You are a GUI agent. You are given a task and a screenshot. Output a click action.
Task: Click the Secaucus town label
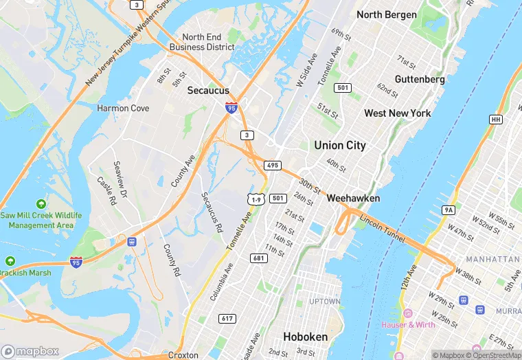(207, 90)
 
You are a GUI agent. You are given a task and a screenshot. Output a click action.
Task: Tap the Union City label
(339, 145)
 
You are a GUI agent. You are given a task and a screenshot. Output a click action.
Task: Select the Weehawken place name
(353, 198)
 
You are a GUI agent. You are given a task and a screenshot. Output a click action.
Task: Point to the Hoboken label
(305, 337)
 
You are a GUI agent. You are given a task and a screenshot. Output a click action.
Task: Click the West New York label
(397, 113)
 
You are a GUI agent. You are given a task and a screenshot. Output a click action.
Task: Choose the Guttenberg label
(420, 79)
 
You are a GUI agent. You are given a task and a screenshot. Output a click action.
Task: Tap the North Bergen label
(386, 14)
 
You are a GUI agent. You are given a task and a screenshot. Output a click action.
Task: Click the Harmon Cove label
(123, 108)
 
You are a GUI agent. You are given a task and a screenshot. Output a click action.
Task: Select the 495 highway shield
(273, 166)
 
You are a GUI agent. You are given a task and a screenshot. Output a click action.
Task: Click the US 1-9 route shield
(256, 199)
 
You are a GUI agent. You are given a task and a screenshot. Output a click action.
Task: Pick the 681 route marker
(259, 258)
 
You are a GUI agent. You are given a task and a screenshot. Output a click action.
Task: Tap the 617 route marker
(227, 319)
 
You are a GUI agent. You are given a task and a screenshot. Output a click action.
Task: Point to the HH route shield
(495, 120)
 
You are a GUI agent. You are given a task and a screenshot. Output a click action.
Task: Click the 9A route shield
(449, 210)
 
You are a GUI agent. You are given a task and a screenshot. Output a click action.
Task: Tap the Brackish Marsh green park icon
(10, 262)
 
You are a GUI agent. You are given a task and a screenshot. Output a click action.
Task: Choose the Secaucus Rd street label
(212, 212)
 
